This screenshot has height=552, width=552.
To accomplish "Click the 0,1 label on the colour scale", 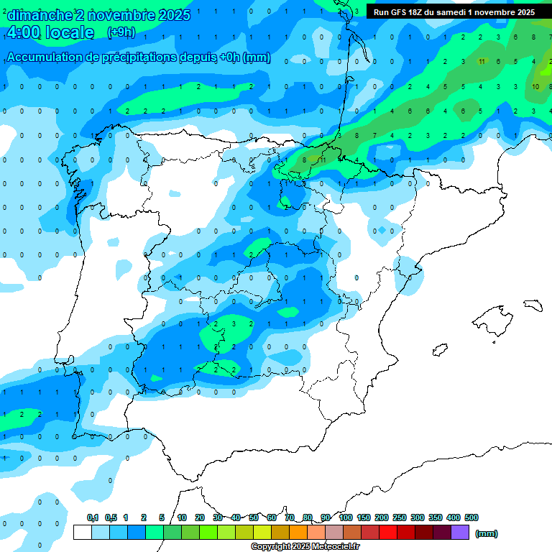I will coord(93,517).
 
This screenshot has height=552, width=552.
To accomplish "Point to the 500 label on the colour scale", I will coord(471,517).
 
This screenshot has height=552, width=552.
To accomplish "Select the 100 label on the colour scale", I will coord(346,517).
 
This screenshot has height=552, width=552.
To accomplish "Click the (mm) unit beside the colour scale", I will coord(487,533).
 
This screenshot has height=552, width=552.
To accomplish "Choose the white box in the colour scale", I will coord(83,533).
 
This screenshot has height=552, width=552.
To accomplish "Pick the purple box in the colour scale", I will coord(460,533).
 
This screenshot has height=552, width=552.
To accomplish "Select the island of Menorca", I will coord(533,305).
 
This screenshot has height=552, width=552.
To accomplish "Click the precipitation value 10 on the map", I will coord(536,86).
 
